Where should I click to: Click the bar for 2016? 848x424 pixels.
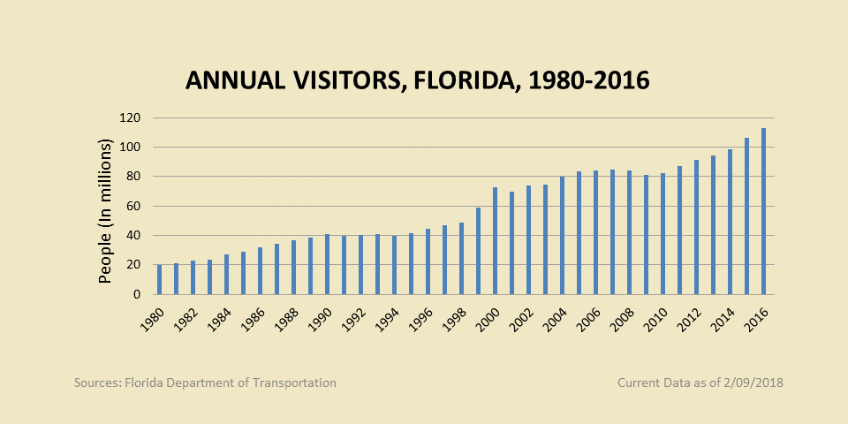tap(763, 211)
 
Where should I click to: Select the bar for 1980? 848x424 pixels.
tap(159, 279)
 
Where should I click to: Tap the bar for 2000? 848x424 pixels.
tap(495, 240)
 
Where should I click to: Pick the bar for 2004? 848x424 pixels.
tap(562, 235)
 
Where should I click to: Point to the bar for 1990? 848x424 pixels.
tap(327, 264)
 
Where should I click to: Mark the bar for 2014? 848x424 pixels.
tap(730, 222)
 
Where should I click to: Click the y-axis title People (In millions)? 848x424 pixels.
tap(105, 210)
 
